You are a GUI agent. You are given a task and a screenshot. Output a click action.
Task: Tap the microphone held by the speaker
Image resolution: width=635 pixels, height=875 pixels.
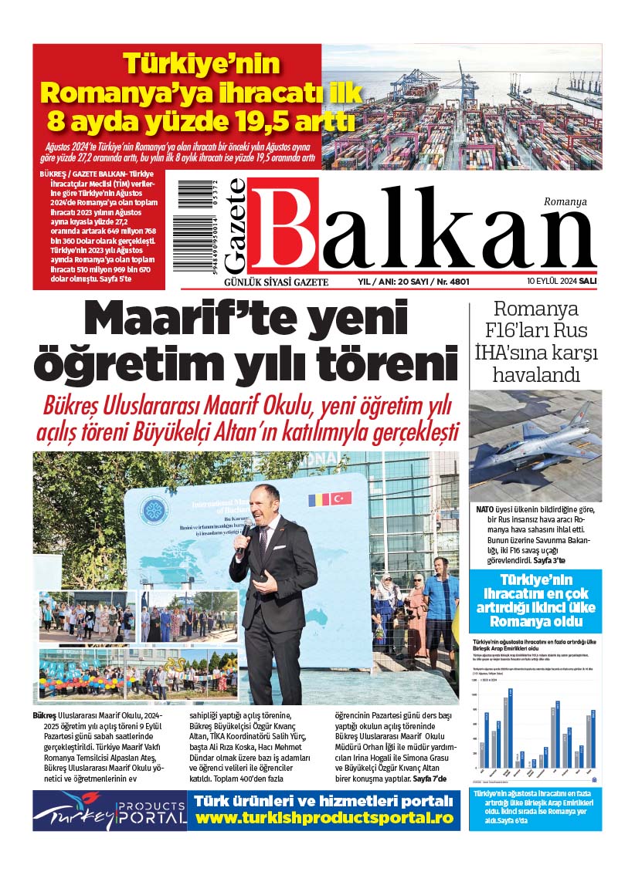242,543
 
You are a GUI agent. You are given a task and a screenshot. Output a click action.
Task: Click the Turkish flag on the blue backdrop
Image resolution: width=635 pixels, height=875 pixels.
341,498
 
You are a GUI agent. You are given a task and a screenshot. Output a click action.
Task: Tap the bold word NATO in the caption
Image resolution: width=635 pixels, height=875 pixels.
485,510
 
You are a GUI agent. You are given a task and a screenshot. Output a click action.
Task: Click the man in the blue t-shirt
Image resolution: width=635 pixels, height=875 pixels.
441,602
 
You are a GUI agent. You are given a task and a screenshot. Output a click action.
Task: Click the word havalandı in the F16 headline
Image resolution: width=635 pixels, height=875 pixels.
536,376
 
